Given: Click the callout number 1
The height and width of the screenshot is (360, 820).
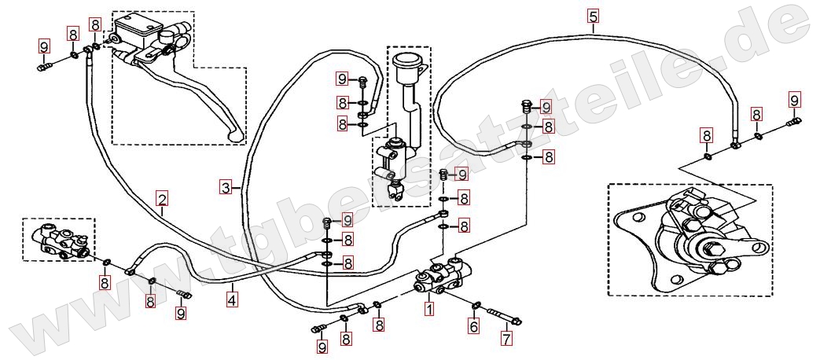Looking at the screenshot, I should pos(429,309).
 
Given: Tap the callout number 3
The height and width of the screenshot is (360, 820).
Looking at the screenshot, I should pos(226,187).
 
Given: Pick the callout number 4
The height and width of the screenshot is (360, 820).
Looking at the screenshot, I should pos(232,299).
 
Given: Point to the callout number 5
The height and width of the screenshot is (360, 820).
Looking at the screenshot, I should pos(592,16).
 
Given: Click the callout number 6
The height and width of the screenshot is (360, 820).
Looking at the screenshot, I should pos(473,325).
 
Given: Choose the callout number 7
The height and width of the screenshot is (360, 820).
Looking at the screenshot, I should pos(507,340).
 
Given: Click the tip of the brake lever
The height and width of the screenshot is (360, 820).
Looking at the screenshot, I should pos(234,138).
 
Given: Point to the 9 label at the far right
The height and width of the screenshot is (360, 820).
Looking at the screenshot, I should pos(794,100).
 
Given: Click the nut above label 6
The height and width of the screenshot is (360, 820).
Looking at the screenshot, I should pos(477,305).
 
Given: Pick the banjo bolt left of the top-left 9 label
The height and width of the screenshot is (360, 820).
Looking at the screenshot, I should pos(42,67).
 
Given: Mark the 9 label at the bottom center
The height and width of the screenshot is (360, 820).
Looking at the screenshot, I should pos(322,346).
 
